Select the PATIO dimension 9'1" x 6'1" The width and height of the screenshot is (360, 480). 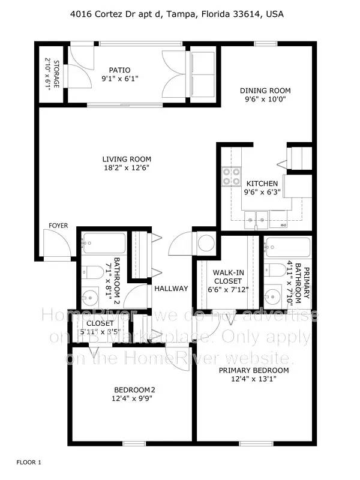119,78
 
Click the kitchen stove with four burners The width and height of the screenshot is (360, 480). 230,177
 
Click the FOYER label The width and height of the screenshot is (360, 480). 58,226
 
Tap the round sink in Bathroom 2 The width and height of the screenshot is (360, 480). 91,296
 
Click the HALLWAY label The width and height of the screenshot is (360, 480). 172,289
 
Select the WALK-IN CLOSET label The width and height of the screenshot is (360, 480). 229,277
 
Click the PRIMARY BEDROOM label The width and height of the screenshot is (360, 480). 253,371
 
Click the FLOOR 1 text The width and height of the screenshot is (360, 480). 29,463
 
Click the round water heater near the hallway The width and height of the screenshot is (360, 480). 206,244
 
